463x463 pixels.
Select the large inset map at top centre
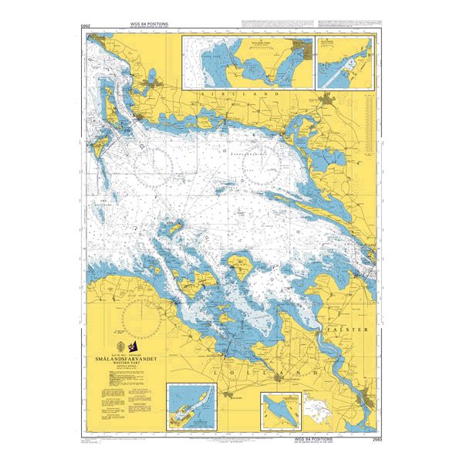point(247,61)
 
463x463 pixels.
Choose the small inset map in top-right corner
point(345,61)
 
